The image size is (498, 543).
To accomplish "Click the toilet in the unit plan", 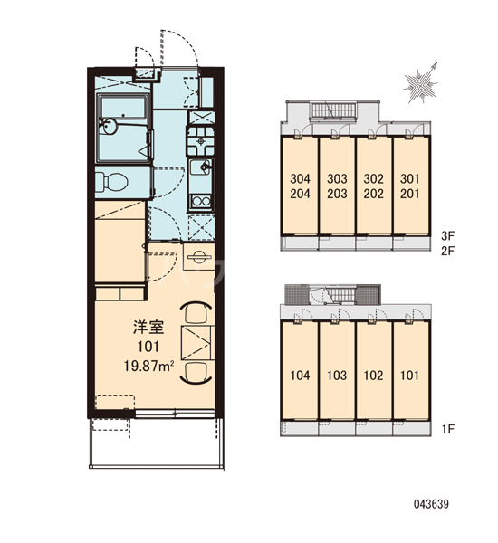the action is pyautogui.click(x=111, y=182).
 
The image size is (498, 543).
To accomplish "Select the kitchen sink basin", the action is pyautogui.click(x=200, y=168).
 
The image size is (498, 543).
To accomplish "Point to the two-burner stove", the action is pyautogui.click(x=201, y=202).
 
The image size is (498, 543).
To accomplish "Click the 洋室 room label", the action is pyautogui.click(x=148, y=328).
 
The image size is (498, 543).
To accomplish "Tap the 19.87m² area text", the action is pyautogui.click(x=148, y=366).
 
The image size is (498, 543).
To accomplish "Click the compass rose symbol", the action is pyautogui.click(x=420, y=83).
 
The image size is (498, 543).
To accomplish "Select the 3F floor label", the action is pyautogui.click(x=447, y=236).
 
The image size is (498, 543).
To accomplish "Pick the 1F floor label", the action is pyautogui.click(x=448, y=429).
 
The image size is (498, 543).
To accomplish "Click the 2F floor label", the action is pyautogui.click(x=447, y=251).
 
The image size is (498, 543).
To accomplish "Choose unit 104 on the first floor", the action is pyautogui.click(x=300, y=376).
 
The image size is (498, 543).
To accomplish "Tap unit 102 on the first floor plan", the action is pyautogui.click(x=374, y=376).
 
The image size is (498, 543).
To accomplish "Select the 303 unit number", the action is pyautogui.click(x=337, y=178).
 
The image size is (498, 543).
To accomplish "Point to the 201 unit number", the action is pyautogui.click(x=410, y=194).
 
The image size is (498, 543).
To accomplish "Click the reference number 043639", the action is pyautogui.click(x=431, y=504).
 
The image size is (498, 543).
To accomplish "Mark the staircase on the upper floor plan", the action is pyautogui.click(x=333, y=110).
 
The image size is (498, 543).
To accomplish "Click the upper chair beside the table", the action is pyautogui.click(x=196, y=312).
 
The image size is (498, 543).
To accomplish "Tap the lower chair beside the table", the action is pyautogui.click(x=196, y=373).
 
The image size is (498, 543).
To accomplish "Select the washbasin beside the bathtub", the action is pyautogui.click(x=108, y=127).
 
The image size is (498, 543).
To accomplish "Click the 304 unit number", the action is pyautogui.click(x=300, y=178).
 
